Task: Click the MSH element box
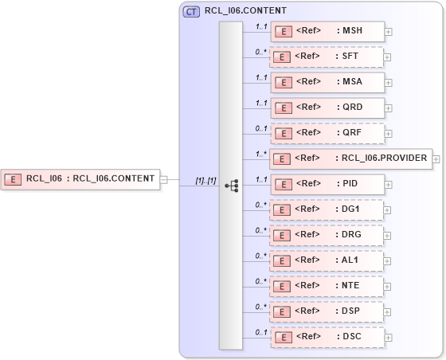(327, 31)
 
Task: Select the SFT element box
(327, 57)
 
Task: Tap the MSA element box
(327, 82)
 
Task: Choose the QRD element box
(327, 108)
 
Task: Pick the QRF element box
(327, 133)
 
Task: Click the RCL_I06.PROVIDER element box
(350, 158)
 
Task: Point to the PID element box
(327, 184)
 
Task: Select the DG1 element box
(327, 209)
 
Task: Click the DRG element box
(327, 235)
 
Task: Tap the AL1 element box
(327, 260)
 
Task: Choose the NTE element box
(327, 286)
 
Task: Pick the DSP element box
(327, 311)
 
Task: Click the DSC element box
(327, 337)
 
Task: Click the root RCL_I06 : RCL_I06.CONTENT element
(80, 178)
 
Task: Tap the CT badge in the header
(192, 12)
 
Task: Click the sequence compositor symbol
(231, 185)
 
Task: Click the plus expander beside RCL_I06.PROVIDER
(436, 158)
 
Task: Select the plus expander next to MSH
(389, 32)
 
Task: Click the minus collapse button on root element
(163, 178)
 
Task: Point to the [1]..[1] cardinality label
(205, 181)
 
